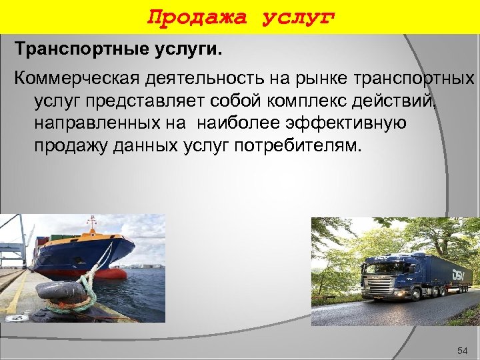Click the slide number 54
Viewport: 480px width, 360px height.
click(463, 351)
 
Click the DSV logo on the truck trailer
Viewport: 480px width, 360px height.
click(461, 275)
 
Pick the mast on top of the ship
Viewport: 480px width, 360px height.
click(91, 222)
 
